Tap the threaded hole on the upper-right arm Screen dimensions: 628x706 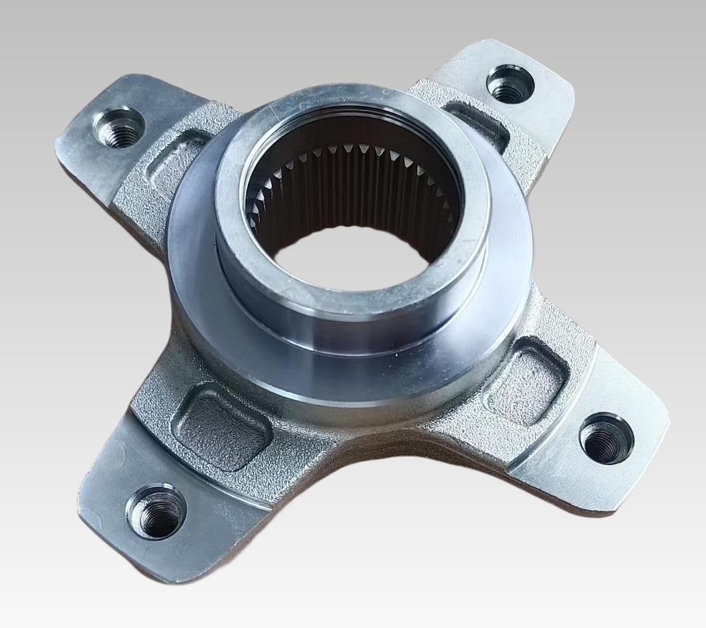click(509, 85)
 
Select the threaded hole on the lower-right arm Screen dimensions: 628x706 click(605, 437)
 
